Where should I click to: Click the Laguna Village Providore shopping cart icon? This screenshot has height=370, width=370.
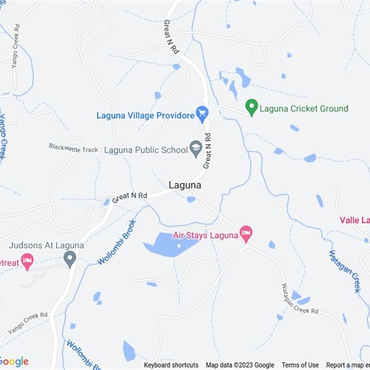click(202, 112)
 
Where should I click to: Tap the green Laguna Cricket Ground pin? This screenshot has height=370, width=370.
click(252, 108)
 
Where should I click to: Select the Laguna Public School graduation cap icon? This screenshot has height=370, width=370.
click(196, 149)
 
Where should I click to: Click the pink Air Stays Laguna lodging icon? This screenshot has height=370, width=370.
click(246, 234)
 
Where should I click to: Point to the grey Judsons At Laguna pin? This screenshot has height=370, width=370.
click(70, 259)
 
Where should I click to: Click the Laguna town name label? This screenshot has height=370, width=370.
click(185, 185)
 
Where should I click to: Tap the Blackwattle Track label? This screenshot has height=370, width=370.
click(74, 148)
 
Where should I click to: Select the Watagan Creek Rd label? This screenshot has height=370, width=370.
click(300, 299)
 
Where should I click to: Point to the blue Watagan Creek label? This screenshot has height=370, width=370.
click(345, 271)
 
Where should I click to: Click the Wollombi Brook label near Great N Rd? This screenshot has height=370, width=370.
click(117, 242)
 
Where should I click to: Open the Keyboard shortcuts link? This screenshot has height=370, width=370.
click(171, 365)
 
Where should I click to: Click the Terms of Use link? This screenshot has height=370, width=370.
click(300, 365)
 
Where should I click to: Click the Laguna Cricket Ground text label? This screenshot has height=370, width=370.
click(304, 109)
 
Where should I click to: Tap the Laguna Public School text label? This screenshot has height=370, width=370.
click(146, 150)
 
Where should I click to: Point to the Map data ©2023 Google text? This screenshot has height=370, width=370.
click(240, 365)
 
